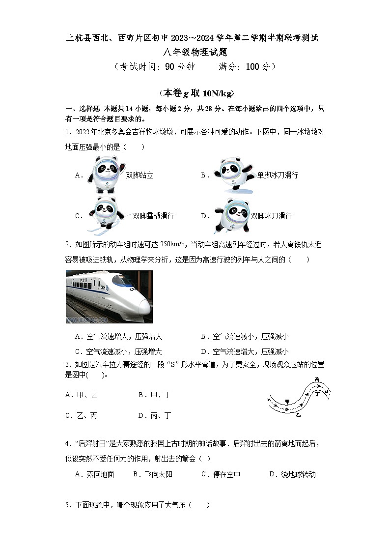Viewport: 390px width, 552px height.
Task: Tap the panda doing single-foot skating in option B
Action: pos(232,175)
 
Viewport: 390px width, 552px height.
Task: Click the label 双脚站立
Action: pos(139,175)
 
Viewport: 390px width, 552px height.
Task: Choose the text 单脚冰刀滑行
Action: pos(278,175)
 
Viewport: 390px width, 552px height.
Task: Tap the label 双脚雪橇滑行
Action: pos(153,216)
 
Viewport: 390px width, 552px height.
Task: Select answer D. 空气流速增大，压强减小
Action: pos(245,351)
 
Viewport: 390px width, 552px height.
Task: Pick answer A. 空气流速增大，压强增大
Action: pos(118,337)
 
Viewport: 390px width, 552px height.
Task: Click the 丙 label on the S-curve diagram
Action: pos(317,379)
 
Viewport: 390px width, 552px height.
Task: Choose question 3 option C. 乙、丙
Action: pos(81,415)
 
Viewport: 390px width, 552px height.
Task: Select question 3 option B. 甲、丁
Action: pos(154,395)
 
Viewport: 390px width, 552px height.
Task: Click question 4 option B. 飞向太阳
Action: pos(153,474)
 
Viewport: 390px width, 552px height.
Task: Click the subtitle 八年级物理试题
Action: pos(195,52)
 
